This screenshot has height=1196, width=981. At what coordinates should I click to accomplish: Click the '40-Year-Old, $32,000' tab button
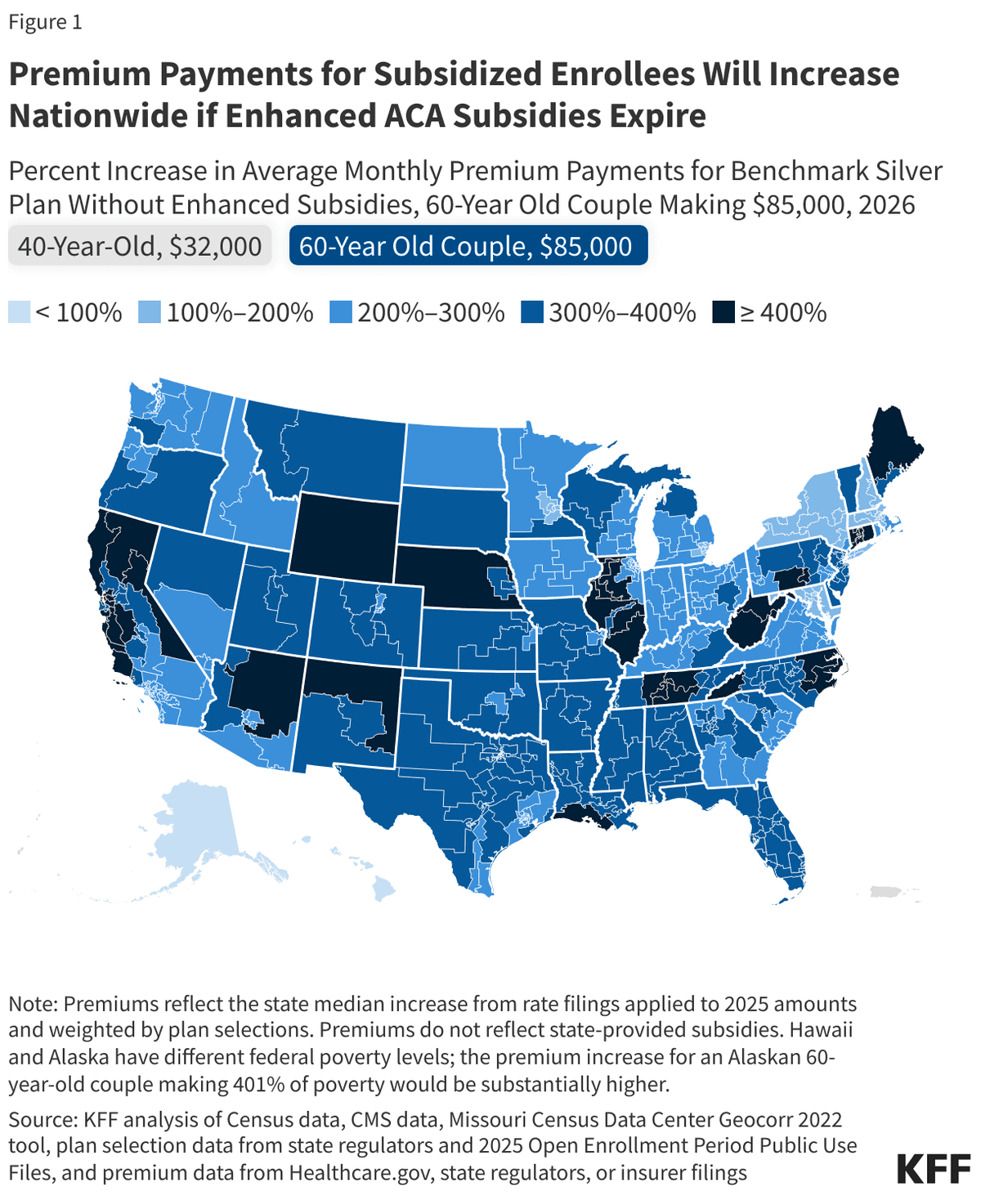click(x=140, y=246)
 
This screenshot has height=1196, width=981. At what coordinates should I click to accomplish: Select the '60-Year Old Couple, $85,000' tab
click(x=468, y=246)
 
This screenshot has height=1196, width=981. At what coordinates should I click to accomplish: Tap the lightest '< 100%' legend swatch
click(x=19, y=312)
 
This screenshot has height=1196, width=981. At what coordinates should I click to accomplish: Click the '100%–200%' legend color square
click(x=150, y=312)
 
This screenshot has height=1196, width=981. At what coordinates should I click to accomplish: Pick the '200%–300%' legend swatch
click(x=340, y=312)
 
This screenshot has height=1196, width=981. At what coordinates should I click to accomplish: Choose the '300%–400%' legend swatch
click(x=532, y=312)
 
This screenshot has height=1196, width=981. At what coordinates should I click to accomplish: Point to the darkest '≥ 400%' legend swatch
click(x=723, y=312)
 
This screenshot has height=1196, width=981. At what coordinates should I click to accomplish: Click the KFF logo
click(x=934, y=1170)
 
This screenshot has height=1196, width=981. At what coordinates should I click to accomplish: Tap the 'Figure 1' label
click(x=46, y=22)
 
